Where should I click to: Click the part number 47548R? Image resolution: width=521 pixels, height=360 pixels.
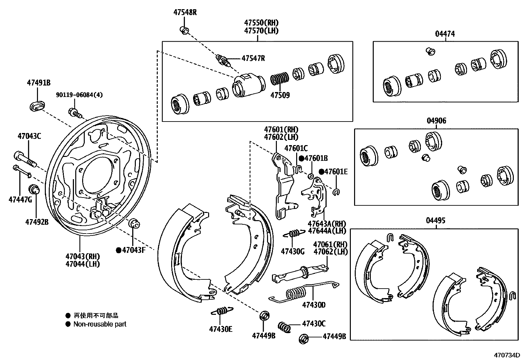click(x=185, y=13)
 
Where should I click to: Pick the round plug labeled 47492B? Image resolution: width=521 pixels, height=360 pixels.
click(x=34, y=190)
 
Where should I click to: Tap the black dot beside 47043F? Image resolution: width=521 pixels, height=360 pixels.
click(x=119, y=250)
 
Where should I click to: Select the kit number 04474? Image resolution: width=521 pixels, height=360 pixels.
click(x=445, y=34)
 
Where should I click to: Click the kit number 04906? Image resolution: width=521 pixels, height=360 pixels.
click(x=436, y=121)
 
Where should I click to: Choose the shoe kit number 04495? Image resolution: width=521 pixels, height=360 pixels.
click(x=435, y=220)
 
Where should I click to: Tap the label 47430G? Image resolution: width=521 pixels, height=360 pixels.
click(x=293, y=251)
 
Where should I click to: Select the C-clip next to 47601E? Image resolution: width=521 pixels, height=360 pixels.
click(x=336, y=192)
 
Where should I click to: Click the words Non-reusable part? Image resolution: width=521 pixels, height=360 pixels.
click(x=100, y=324)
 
